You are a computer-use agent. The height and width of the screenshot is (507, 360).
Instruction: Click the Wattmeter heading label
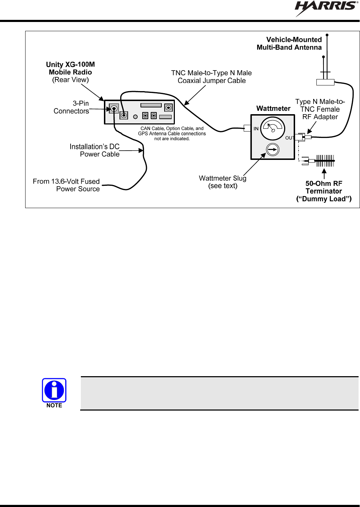point(273,108)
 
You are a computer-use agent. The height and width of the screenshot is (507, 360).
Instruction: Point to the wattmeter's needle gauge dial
point(273,129)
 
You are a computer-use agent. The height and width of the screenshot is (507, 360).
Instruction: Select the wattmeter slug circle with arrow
point(273,149)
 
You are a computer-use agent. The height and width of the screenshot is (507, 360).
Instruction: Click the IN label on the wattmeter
point(256,129)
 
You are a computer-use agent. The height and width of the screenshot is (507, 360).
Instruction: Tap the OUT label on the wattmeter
point(289,138)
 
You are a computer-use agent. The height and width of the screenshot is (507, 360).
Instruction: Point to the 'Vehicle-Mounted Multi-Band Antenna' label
point(289,44)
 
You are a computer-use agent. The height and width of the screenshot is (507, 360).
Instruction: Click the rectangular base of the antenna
point(325,82)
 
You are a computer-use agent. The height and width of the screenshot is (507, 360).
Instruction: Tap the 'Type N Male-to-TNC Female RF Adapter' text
point(320,109)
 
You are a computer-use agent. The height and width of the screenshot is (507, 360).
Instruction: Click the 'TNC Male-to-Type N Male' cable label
point(211,73)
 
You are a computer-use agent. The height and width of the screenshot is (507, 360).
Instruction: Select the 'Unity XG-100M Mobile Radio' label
point(71,68)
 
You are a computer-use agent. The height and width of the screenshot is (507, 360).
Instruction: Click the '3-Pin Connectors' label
point(71,107)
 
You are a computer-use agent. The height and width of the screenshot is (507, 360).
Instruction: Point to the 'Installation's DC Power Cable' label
point(94,150)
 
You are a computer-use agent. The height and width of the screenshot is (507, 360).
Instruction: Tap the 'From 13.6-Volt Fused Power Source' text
point(66,185)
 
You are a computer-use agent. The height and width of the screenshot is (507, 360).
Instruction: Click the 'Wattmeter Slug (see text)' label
point(223,182)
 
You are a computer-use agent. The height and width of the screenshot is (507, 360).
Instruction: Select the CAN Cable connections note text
point(172,134)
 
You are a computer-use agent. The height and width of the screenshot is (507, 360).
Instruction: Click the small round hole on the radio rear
point(135,117)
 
